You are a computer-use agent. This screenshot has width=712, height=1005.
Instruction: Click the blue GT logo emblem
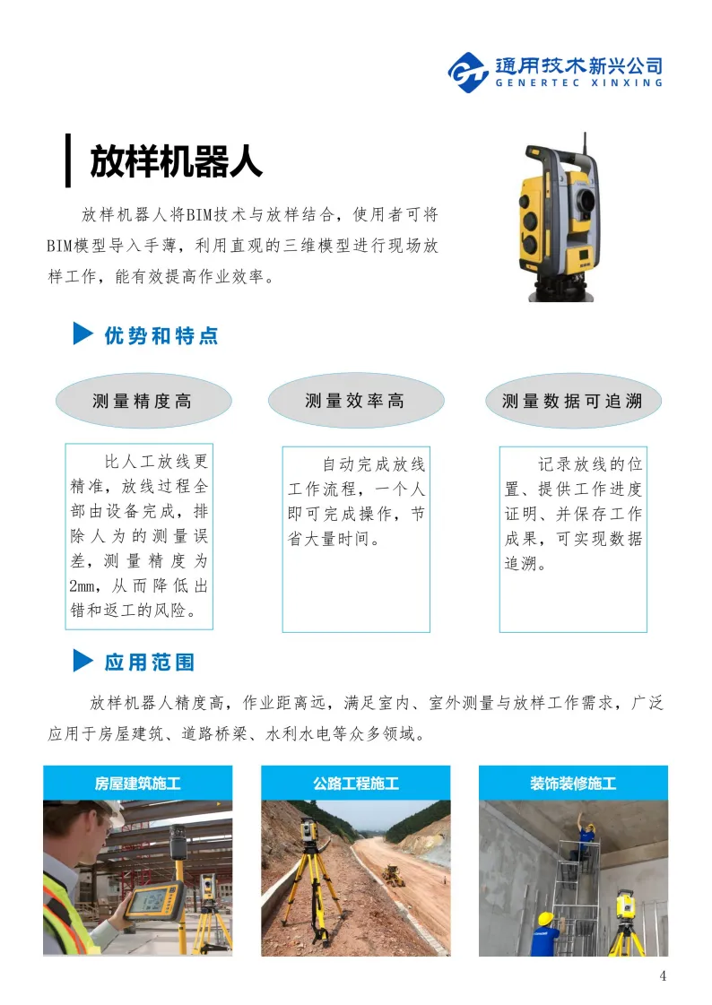(x=468, y=73)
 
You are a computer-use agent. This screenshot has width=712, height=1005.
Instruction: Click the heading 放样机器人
(x=177, y=160)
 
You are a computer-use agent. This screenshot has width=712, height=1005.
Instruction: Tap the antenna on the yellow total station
(x=585, y=147)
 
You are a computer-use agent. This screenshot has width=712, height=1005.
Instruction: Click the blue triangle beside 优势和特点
(x=83, y=334)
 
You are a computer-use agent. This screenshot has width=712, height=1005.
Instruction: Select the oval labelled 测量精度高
(x=143, y=402)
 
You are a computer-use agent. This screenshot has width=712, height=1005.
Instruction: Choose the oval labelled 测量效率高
(x=356, y=401)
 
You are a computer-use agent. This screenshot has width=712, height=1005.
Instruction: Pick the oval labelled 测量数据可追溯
(x=572, y=402)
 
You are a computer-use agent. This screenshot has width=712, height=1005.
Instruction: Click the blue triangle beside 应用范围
(x=83, y=660)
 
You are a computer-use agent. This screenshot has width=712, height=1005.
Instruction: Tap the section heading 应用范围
(x=150, y=663)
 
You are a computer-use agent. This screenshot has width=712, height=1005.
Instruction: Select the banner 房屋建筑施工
(x=138, y=783)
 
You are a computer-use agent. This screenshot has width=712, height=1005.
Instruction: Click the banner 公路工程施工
(x=356, y=783)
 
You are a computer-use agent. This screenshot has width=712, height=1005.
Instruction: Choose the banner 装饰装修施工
(x=573, y=783)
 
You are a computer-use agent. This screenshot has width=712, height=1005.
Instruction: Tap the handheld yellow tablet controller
(x=154, y=901)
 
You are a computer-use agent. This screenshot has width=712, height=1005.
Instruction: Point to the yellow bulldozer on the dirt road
(x=393, y=875)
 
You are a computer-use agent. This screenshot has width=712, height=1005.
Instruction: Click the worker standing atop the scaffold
(x=584, y=836)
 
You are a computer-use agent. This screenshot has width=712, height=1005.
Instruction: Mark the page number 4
(x=663, y=975)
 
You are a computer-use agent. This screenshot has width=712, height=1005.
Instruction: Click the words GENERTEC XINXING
(x=578, y=82)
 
